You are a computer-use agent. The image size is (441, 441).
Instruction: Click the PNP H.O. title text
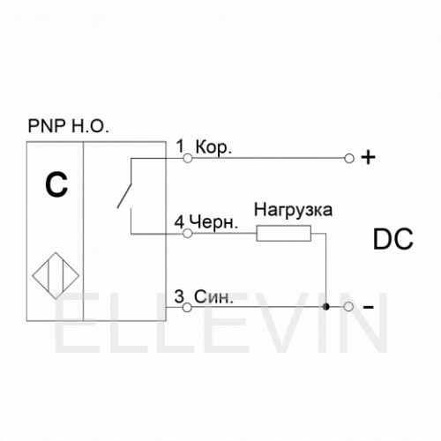point(68,127)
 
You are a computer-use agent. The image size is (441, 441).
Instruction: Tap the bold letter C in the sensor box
point(56,184)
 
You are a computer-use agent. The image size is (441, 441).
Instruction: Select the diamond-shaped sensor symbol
point(56,275)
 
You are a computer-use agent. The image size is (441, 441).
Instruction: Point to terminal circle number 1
point(188,159)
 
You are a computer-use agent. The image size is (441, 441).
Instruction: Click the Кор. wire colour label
point(213,147)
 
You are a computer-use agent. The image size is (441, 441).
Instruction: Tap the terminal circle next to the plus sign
point(349,159)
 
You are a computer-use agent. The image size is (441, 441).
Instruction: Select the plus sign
point(368,158)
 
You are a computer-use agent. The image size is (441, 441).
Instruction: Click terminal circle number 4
point(188,234)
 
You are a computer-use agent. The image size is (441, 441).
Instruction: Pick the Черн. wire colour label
point(213,222)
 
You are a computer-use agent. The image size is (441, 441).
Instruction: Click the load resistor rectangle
point(284,234)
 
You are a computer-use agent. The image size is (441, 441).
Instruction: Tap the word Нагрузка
point(294,211)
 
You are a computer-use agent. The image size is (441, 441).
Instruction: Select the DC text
point(393,239)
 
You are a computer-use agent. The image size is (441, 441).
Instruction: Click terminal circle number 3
point(187,308)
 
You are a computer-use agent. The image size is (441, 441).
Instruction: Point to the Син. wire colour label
point(213,296)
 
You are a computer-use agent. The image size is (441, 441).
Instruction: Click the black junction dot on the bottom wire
point(325,307)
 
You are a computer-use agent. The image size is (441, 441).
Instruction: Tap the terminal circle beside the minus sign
point(348,307)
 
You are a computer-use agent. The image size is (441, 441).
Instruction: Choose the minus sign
point(369,308)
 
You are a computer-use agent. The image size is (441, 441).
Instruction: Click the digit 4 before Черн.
point(179,222)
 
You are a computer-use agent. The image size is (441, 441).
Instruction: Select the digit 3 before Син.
point(179,296)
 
